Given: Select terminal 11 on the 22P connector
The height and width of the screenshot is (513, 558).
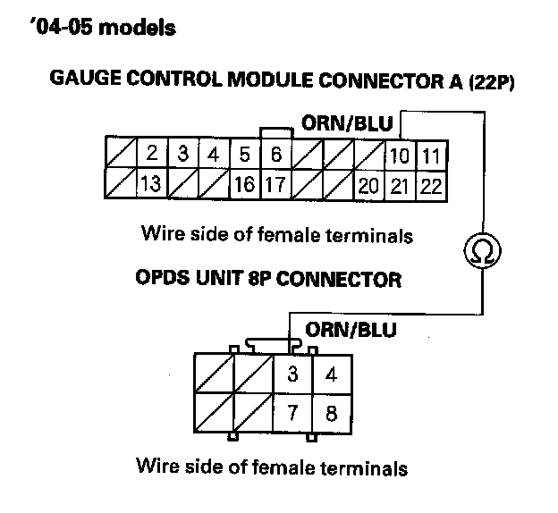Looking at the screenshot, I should (x=431, y=156).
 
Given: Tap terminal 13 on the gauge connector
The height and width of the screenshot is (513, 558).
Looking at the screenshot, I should (x=152, y=185).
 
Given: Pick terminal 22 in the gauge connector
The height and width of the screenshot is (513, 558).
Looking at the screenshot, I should (x=431, y=186).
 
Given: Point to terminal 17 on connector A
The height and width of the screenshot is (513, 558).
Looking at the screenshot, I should (x=275, y=186).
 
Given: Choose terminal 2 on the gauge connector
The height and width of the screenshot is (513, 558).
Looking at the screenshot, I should (x=152, y=155).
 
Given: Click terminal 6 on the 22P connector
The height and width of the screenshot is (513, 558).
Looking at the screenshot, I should (x=275, y=155).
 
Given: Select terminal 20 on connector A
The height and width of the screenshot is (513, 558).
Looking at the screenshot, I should (x=368, y=186).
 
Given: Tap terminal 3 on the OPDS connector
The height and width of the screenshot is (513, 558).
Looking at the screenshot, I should (x=292, y=374).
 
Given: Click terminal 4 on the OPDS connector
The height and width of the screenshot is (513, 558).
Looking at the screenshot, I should (x=332, y=374).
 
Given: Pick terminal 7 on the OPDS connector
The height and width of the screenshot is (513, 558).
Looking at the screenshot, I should (x=292, y=415).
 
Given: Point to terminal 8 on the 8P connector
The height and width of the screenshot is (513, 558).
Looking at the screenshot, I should (x=332, y=415).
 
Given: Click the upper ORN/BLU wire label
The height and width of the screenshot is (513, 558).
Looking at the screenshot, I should (x=348, y=122).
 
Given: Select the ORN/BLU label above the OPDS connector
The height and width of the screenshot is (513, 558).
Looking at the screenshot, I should (x=351, y=330).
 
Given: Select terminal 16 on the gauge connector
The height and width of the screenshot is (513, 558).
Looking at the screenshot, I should (x=243, y=186).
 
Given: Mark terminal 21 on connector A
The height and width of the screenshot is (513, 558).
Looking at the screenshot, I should (x=399, y=186).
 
